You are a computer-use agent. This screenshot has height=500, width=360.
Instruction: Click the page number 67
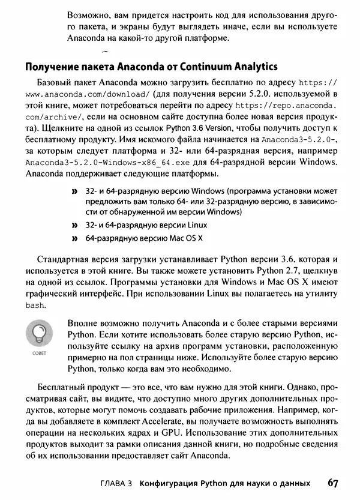[335, 483]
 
